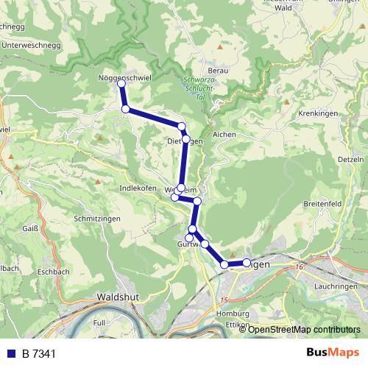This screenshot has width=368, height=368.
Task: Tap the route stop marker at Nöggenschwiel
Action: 121,84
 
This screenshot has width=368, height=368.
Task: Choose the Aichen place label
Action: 224,135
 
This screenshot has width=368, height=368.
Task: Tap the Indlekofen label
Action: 138,188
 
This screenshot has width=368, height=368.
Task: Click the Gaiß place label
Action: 30,229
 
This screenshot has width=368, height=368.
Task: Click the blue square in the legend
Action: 12,353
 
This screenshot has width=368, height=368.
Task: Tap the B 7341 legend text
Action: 39,353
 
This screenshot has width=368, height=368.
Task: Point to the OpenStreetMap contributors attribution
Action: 303,329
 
